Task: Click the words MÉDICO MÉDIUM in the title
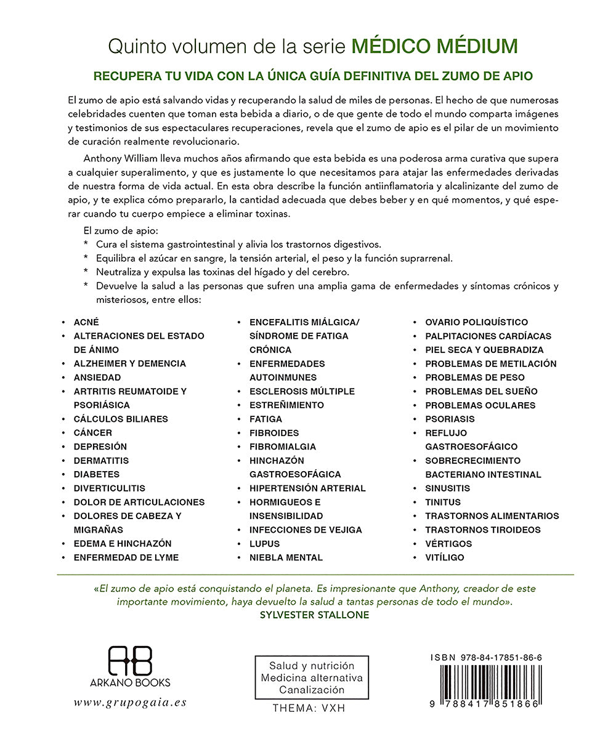pos(434,46)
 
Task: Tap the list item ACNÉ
pos(86,322)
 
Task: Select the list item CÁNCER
pos(93,433)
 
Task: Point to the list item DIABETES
pos(97,474)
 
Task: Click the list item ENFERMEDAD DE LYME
pos(126,557)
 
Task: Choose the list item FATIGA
pos(265,419)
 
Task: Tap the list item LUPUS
pos(264,544)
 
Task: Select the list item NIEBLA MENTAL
pos(286,557)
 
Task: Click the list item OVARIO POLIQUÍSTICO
pos(476,322)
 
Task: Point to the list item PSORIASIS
pos(450,419)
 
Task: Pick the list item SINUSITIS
pos(447,488)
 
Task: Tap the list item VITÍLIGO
pos(445,557)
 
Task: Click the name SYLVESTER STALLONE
pos(315,615)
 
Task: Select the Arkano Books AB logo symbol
pos(130,660)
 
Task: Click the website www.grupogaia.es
pos(129,703)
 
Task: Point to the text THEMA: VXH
pos(309,708)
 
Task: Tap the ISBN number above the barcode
pos(487,658)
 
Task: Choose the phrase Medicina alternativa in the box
pos(312,678)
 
